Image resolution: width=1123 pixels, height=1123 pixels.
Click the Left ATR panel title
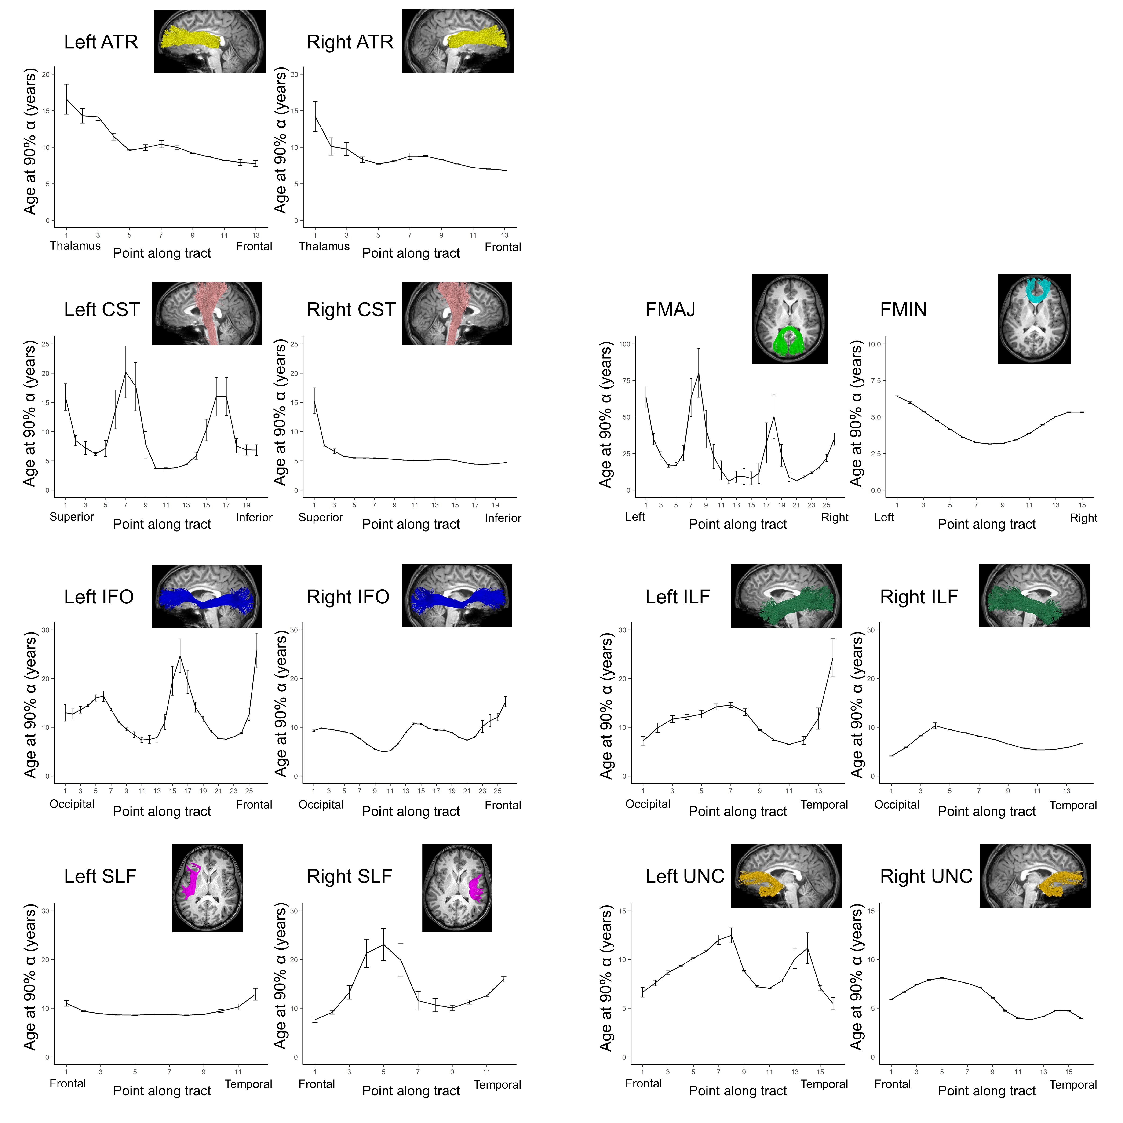(101, 42)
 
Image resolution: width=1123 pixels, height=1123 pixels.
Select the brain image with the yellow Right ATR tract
(457, 41)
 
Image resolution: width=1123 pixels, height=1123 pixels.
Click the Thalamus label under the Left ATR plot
(75, 246)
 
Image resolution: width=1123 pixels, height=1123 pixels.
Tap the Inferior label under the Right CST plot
(503, 518)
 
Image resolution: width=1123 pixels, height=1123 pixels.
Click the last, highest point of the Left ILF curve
(832, 657)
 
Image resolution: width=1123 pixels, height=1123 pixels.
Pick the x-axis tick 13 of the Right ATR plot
(505, 235)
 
